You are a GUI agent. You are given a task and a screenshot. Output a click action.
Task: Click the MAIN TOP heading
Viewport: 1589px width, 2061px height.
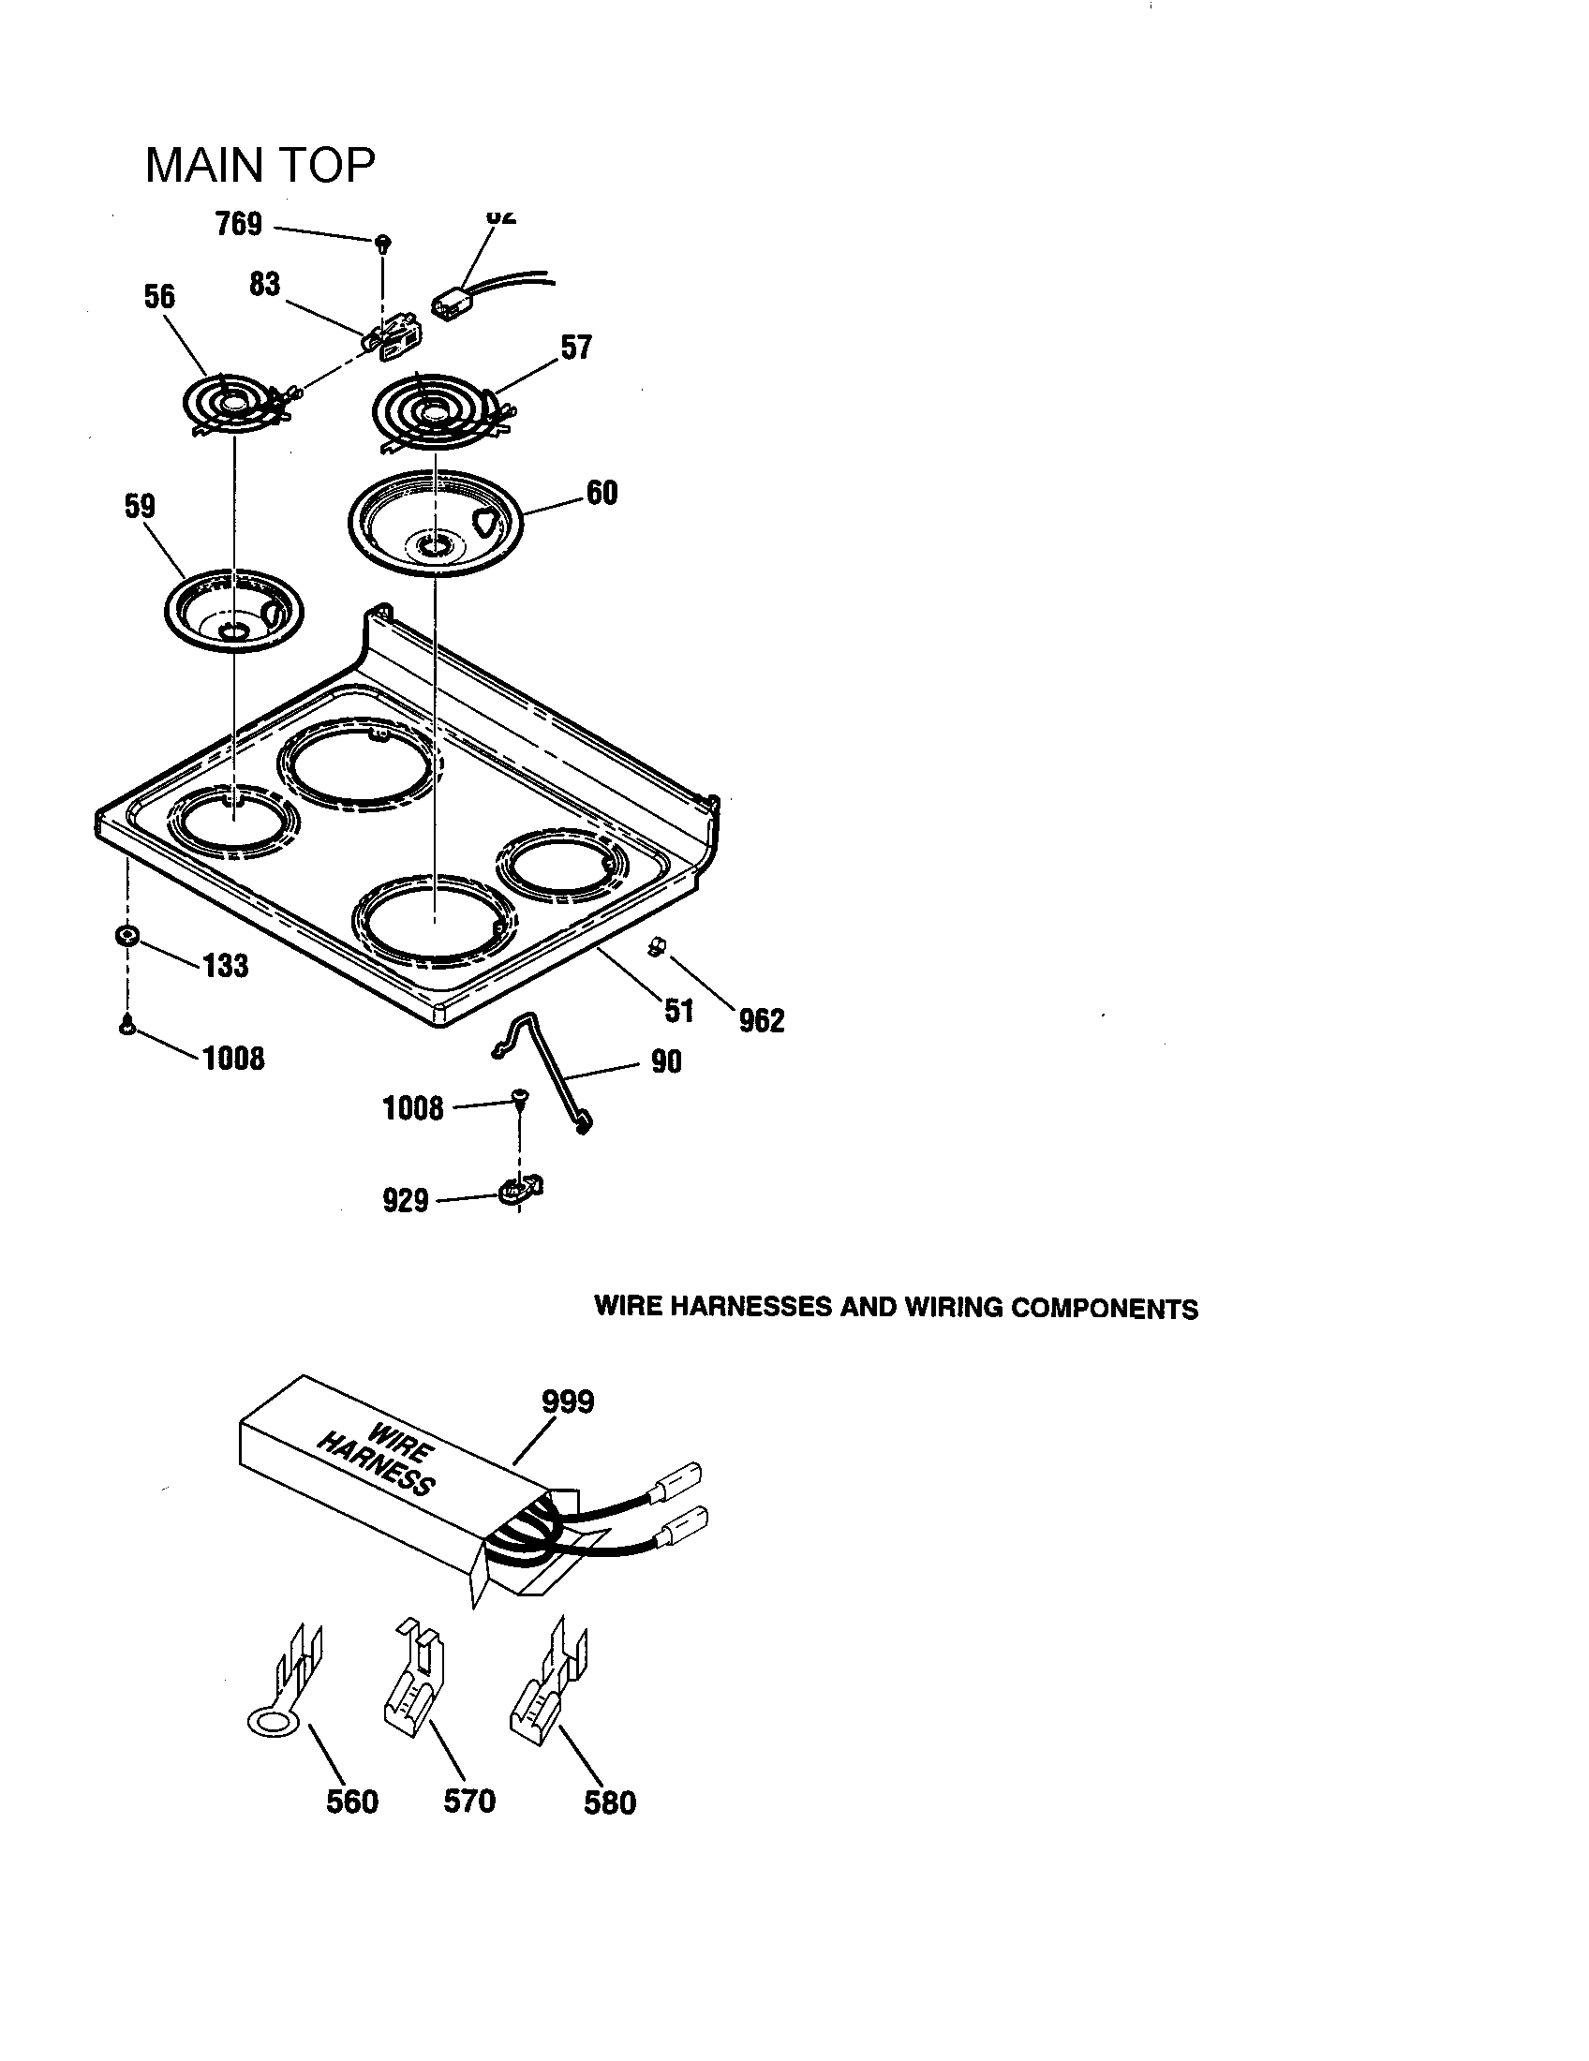(260, 166)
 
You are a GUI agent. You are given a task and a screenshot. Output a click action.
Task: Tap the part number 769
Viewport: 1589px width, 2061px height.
(239, 225)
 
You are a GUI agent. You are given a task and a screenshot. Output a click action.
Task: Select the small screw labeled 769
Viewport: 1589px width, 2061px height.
(383, 243)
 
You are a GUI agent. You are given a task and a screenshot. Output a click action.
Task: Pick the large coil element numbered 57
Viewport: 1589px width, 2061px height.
(437, 412)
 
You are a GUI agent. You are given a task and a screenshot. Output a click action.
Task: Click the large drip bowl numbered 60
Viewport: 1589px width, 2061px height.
(435, 522)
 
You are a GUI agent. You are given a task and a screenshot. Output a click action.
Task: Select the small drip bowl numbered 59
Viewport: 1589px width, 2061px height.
(232, 611)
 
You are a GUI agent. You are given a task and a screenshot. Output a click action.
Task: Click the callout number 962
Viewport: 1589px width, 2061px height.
(762, 1020)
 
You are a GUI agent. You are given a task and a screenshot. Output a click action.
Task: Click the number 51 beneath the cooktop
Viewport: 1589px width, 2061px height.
(678, 1011)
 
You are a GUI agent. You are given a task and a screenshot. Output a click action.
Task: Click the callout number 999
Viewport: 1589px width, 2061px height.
(567, 1401)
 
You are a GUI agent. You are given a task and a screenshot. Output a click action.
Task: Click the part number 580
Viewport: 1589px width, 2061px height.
(610, 1803)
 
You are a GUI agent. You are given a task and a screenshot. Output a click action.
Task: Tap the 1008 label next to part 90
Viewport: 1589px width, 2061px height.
(412, 1108)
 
